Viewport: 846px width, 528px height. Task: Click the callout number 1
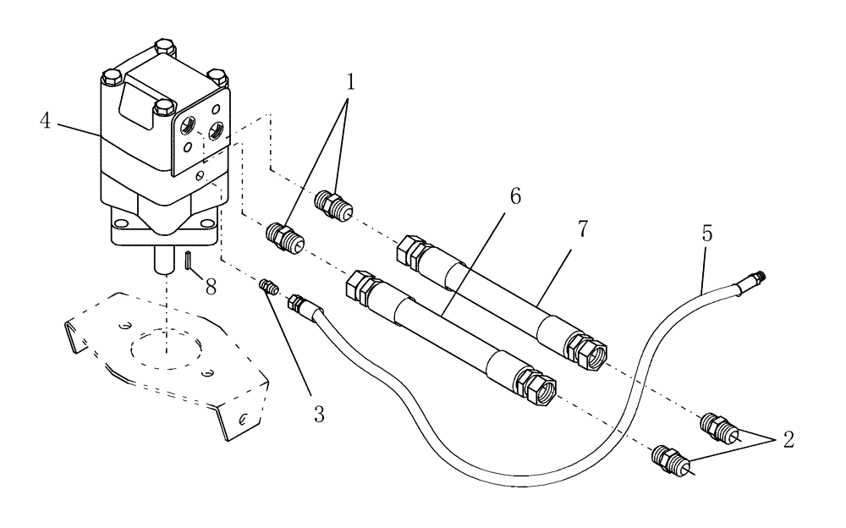[x=349, y=83]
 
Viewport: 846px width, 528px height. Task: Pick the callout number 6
[x=514, y=196]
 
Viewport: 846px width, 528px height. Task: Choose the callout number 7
[x=580, y=230]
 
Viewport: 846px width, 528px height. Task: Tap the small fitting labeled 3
[x=269, y=289]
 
